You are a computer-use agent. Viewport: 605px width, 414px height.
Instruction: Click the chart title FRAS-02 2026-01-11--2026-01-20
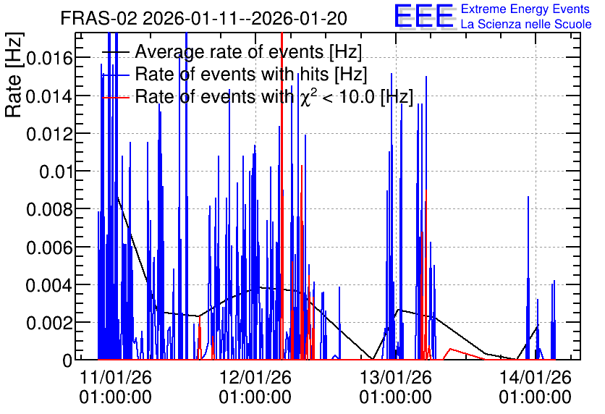pos(204,18)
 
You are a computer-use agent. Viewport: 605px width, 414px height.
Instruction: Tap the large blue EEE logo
pos(424,16)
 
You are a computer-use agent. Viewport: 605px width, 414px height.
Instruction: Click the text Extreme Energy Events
pos(525,9)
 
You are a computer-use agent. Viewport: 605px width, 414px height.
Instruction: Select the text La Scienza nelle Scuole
pos(526,24)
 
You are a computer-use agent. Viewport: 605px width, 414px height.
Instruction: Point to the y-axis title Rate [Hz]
pos(14,75)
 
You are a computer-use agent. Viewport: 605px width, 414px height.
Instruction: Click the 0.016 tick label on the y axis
pos(49,58)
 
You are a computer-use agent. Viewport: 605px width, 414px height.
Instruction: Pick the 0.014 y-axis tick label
pos(49,96)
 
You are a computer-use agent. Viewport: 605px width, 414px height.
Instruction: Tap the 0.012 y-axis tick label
pos(49,134)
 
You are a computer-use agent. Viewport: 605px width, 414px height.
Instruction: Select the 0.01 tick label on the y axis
pos(56,172)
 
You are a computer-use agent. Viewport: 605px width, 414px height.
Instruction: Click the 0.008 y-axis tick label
pos(49,209)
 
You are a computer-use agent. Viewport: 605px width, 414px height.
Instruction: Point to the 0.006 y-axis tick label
pos(49,248)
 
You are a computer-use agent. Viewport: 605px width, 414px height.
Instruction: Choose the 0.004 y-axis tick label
pos(49,285)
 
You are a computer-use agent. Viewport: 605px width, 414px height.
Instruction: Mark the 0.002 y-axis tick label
pos(49,323)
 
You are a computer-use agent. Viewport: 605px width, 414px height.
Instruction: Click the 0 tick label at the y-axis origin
pos(67,360)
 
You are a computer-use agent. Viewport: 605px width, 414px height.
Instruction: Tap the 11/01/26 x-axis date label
pos(115,377)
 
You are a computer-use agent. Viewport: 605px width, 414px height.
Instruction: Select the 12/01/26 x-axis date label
pos(255,377)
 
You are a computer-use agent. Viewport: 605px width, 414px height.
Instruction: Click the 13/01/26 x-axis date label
pos(395,377)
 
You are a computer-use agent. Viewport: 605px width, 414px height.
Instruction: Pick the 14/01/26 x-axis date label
pos(535,377)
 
